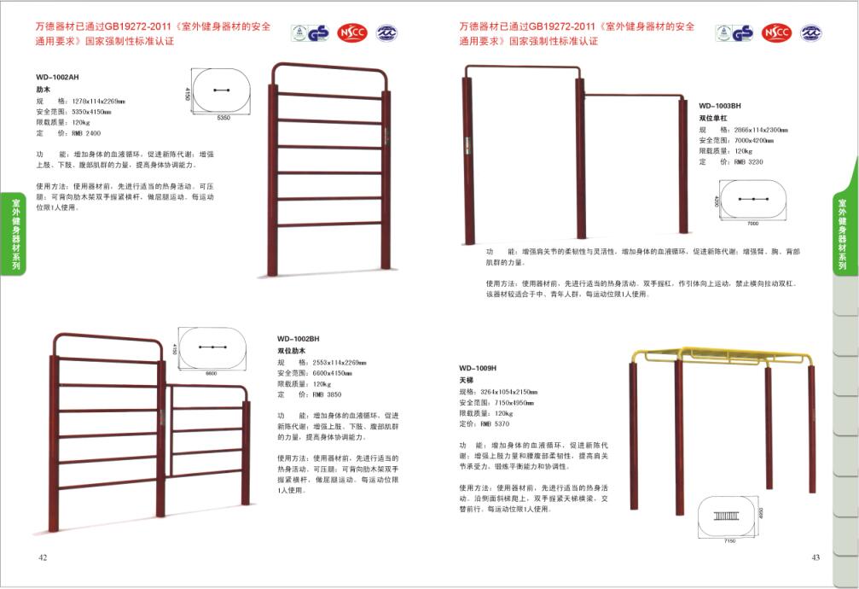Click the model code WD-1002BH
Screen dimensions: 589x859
tap(298, 339)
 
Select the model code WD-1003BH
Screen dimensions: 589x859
tap(720, 106)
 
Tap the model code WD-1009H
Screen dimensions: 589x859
tap(477, 368)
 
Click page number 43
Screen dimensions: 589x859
tap(815, 557)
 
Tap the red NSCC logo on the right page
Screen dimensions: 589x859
tap(776, 33)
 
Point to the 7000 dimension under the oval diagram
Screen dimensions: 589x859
tap(752, 223)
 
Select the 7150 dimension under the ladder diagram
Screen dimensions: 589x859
tap(729, 540)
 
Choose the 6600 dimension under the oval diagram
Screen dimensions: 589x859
tap(212, 373)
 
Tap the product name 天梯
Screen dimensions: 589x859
tap(466, 379)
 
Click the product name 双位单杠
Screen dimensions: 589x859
tap(716, 117)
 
